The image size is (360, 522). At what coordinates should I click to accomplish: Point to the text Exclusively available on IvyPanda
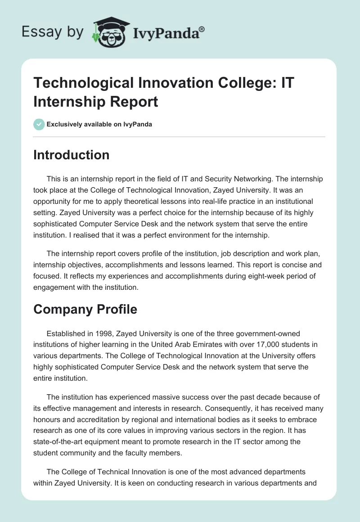pos(99,125)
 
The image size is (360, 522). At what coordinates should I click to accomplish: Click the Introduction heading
pos(71,155)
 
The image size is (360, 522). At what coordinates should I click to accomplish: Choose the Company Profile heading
pos(85,310)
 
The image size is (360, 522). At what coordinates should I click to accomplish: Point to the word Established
pos(66,333)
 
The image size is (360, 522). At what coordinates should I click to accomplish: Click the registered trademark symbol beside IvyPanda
pos(202,28)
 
